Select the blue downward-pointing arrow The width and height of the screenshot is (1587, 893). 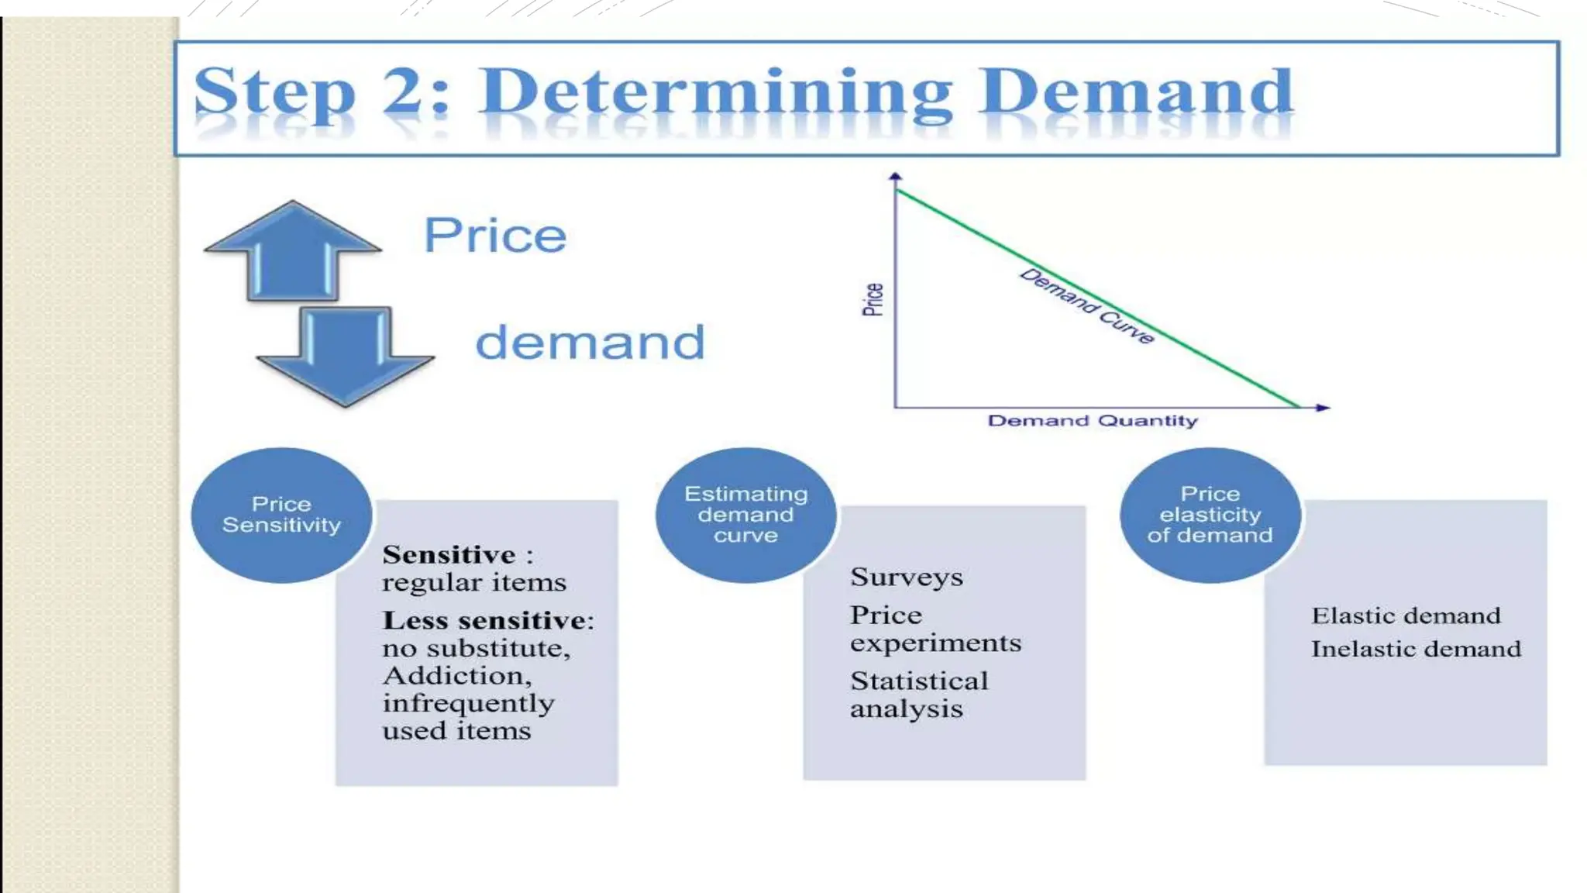click(x=345, y=356)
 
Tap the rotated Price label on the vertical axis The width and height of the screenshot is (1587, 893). click(x=873, y=299)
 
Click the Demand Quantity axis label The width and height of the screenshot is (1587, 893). click(x=1092, y=421)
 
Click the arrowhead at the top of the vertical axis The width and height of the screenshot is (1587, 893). click(x=895, y=178)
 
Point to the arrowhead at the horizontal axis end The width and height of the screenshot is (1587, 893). click(x=1323, y=407)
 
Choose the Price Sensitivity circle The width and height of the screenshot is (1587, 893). click(x=281, y=515)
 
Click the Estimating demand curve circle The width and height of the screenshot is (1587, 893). click(x=745, y=515)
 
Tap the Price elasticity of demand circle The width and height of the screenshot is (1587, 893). click(x=1210, y=515)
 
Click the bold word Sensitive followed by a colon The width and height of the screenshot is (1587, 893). click(x=449, y=555)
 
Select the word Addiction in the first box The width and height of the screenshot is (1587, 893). click(x=455, y=676)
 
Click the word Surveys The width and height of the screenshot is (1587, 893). click(x=906, y=578)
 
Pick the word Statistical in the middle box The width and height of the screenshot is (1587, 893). click(x=919, y=681)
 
